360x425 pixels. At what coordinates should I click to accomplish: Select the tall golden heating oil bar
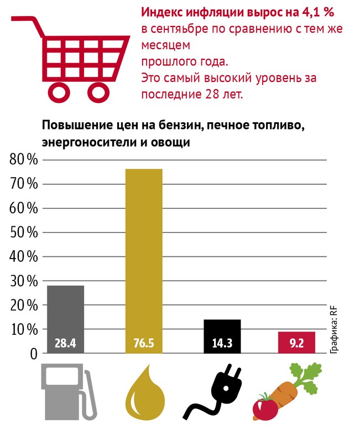pyautogui.click(x=144, y=255)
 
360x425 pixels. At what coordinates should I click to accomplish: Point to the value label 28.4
pyautogui.click(x=65, y=344)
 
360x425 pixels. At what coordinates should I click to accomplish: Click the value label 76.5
pyautogui.click(x=144, y=344)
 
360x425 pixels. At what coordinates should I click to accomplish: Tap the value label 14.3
pyautogui.click(x=222, y=344)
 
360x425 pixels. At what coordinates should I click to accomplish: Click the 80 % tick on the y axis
pyautogui.click(x=24, y=160)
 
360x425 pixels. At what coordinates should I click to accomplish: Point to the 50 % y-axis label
pyautogui.click(x=24, y=233)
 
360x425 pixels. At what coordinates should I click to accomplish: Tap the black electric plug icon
pyautogui.click(x=221, y=390)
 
